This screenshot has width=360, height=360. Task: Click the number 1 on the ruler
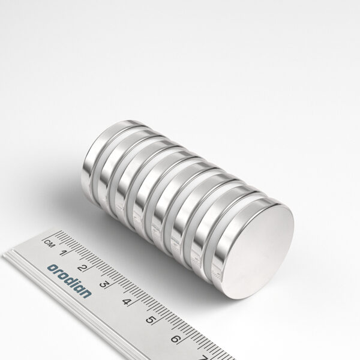pos(62,253)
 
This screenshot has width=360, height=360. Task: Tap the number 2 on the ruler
pos(82,268)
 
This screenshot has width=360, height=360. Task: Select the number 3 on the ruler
pos(104,284)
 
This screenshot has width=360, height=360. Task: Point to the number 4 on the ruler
pos(126,302)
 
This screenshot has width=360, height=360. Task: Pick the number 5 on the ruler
pos(149,320)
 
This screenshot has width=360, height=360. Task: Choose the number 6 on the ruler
pos(175,339)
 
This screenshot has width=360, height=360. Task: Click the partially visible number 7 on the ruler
pos(203,357)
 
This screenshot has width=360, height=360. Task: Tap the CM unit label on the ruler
pos(49,243)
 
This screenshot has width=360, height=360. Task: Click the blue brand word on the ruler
pos(70,281)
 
